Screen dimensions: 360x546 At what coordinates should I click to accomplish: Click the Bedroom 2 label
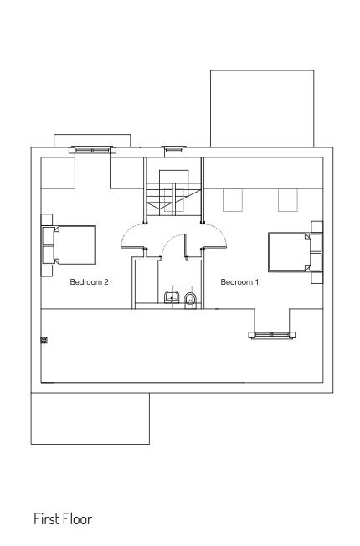tap(89, 281)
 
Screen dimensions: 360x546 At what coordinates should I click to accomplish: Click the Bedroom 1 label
tap(240, 281)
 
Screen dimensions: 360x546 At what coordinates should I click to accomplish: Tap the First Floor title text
tap(63, 519)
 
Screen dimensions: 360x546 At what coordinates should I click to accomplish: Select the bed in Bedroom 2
tap(69, 245)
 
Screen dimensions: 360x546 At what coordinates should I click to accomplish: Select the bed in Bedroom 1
tap(296, 252)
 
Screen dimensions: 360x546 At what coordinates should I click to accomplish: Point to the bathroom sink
tap(172, 297)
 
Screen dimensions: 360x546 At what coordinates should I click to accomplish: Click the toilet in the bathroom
tap(190, 301)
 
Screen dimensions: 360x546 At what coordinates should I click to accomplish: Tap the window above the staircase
tap(174, 149)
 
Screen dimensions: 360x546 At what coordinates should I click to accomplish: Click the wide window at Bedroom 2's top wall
tap(92, 150)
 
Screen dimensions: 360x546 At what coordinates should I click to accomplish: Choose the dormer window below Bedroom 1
tap(272, 335)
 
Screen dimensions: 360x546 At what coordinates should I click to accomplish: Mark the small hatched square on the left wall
tap(44, 340)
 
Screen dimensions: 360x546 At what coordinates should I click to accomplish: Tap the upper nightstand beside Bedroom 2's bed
tap(47, 219)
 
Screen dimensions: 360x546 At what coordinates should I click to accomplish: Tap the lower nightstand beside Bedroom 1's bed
tap(316, 278)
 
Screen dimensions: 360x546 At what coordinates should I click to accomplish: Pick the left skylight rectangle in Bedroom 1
tap(233, 200)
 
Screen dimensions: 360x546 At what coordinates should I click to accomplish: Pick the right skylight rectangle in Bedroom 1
tap(288, 200)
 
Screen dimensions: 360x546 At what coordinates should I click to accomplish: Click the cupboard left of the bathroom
tap(145, 283)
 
